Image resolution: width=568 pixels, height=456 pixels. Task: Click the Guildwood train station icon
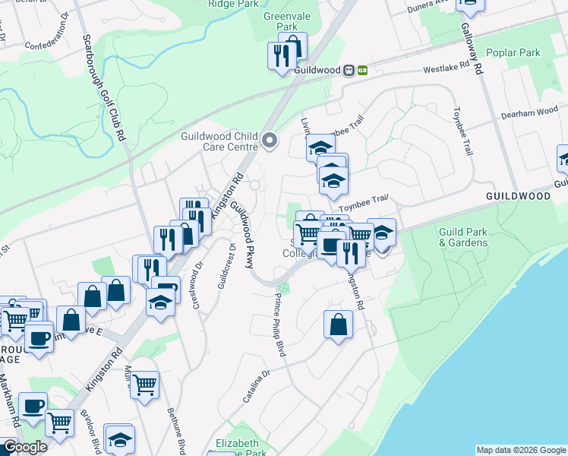point(355,70)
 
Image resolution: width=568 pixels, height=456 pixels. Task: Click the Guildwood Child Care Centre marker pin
point(270,141)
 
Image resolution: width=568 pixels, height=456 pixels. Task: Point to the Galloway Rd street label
point(472,46)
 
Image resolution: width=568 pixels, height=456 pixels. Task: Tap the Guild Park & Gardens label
point(462,237)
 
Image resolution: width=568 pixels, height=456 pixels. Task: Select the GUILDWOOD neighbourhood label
point(518,195)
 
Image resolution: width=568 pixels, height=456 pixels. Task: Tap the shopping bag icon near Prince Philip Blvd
point(338,325)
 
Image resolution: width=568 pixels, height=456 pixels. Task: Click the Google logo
point(24,446)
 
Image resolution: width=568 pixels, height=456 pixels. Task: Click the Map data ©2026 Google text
point(521,450)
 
